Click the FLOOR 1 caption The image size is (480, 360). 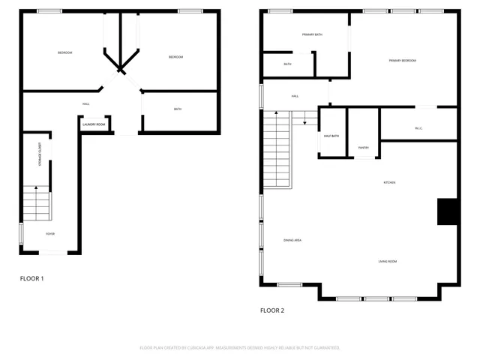tap(31, 278)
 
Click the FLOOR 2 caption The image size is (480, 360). tap(271, 310)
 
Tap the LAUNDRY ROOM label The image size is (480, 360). tap(94, 124)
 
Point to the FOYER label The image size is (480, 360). tap(50, 233)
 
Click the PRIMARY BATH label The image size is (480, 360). tap(312, 34)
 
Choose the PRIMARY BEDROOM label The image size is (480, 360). tap(402, 60)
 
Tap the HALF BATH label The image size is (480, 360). tap(331, 136)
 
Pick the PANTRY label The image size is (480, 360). tap(363, 148)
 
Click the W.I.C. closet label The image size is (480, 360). tap(418, 128)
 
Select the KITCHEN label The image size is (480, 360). tap(389, 182)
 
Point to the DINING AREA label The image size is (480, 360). tap(292, 240)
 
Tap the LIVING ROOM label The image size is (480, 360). tap(387, 261)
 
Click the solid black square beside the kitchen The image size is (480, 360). tap(448, 211)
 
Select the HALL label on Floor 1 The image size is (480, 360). tap(86, 103)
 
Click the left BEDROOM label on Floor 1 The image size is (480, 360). tap(65, 52)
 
